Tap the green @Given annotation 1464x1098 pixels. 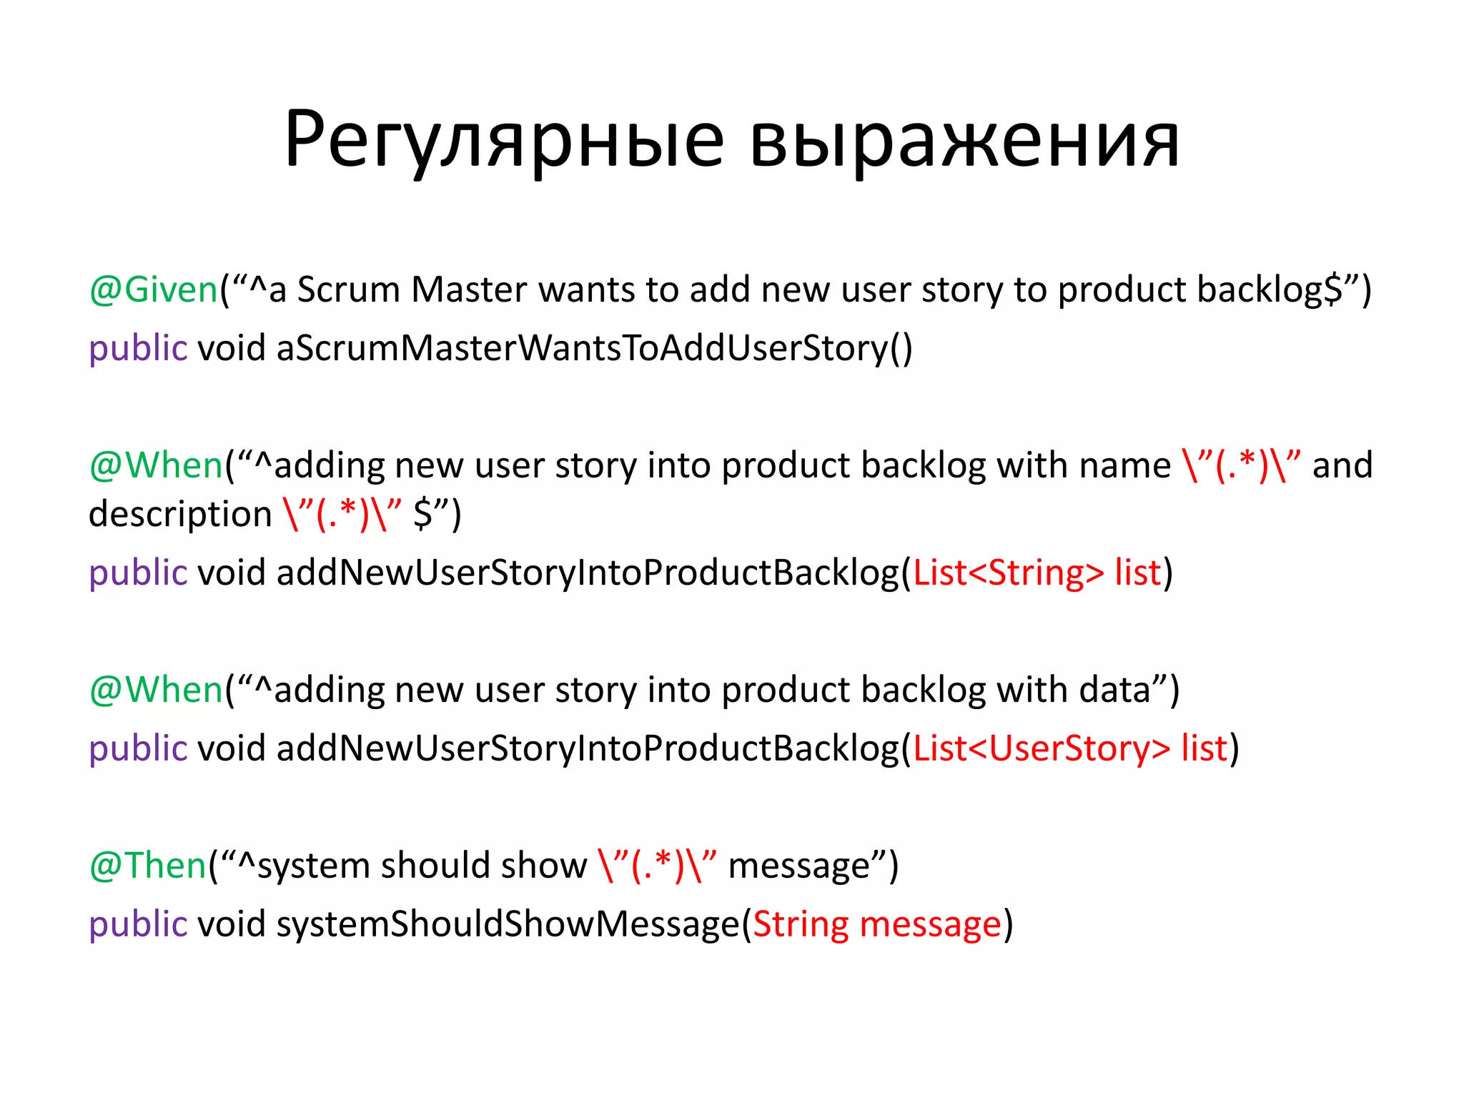pos(153,290)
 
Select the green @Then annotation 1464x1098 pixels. pos(148,866)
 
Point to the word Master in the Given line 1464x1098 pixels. pos(469,290)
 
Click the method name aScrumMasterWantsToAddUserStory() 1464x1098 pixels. pos(594,348)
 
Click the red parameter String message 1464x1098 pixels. pos(877,924)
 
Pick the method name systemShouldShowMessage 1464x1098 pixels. pos(508,924)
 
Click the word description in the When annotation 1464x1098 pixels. pos(180,515)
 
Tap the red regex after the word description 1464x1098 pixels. pos(342,515)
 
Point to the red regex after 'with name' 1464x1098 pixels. pos(1241,465)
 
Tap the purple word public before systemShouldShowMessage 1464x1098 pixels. pos(138,924)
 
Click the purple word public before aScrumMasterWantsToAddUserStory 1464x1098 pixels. pos(138,348)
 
